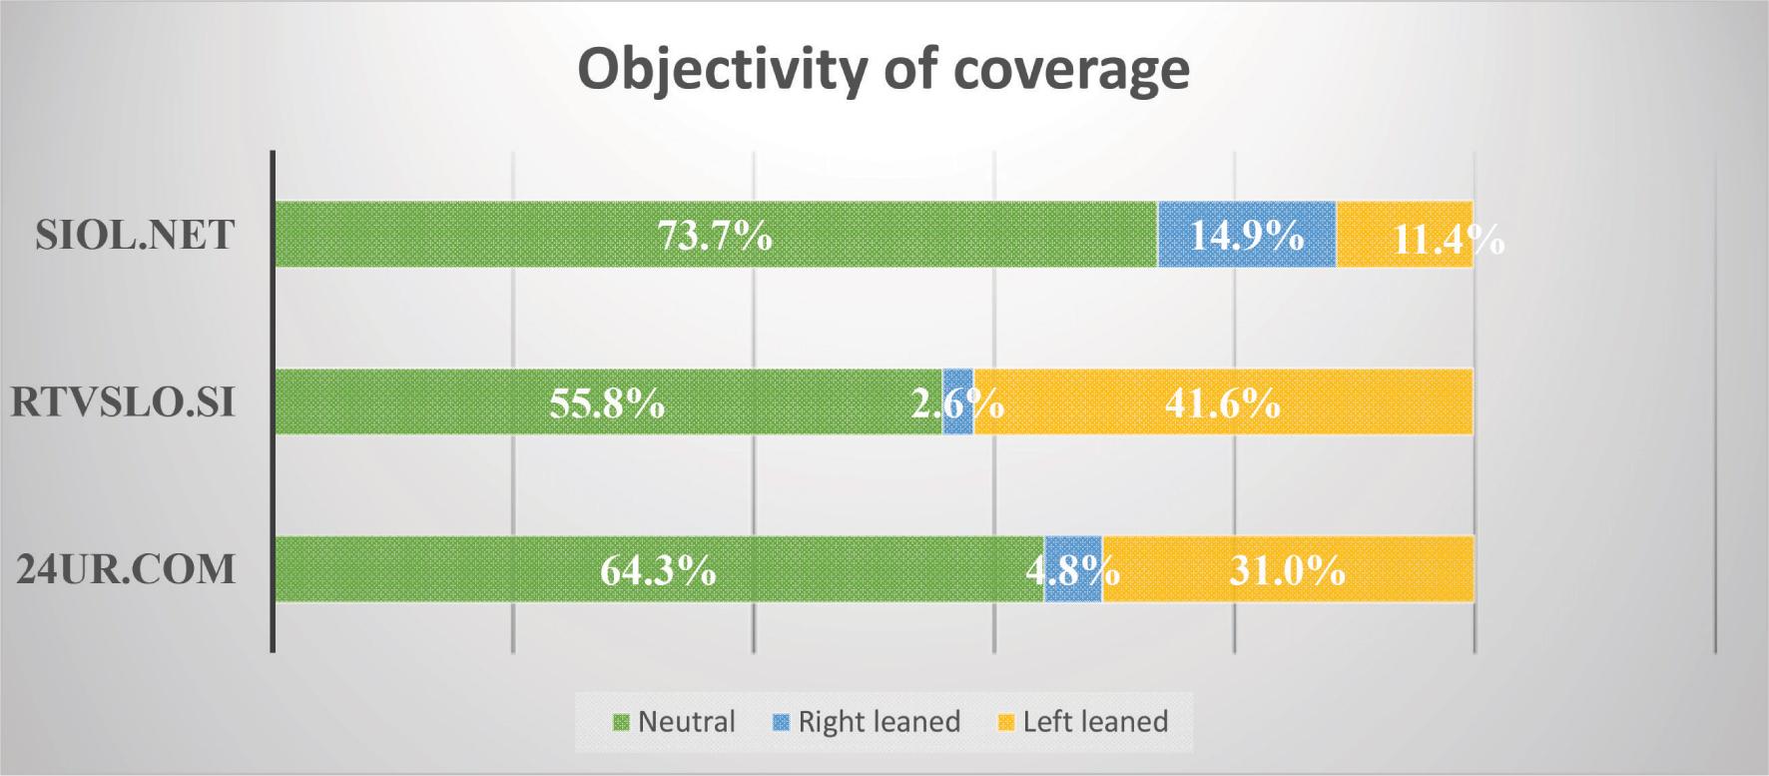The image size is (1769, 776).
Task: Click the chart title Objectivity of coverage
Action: tap(884, 70)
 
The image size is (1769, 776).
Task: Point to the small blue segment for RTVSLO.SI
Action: tap(958, 401)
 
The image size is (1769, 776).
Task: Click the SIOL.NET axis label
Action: tap(135, 235)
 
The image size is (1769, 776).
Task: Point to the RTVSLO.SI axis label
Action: tap(123, 401)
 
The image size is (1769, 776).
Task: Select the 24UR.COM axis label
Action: tap(127, 569)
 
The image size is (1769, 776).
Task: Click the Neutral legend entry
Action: tap(675, 722)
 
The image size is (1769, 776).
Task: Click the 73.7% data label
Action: tap(714, 237)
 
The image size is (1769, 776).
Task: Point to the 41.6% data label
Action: tap(1222, 403)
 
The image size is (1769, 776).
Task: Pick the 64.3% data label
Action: tap(658, 571)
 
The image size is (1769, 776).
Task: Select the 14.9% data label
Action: tap(1246, 237)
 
